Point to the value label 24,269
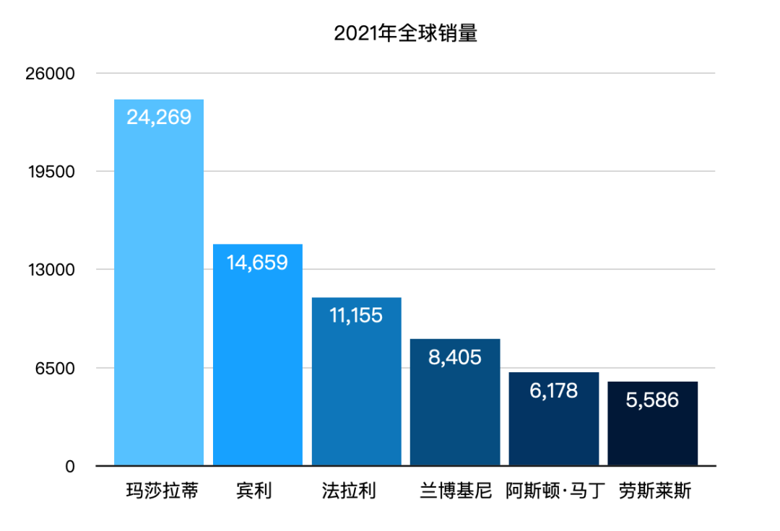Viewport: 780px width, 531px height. pyautogui.click(x=159, y=117)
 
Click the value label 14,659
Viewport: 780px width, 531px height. pyautogui.click(x=257, y=262)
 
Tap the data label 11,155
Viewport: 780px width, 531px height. pyautogui.click(x=356, y=315)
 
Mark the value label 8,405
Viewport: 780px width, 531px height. pyautogui.click(x=455, y=356)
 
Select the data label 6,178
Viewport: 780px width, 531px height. pyautogui.click(x=554, y=390)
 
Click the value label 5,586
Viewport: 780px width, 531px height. pyautogui.click(x=652, y=399)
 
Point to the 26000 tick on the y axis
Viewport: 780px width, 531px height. pyautogui.click(x=51, y=74)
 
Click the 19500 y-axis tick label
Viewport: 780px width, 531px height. pyautogui.click(x=51, y=172)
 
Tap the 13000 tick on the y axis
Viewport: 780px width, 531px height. pyautogui.click(x=51, y=270)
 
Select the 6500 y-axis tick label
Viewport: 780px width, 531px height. pyautogui.click(x=55, y=369)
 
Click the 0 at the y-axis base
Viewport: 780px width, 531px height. pyautogui.click(x=70, y=467)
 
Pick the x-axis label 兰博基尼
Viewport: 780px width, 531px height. pyautogui.click(x=455, y=492)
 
